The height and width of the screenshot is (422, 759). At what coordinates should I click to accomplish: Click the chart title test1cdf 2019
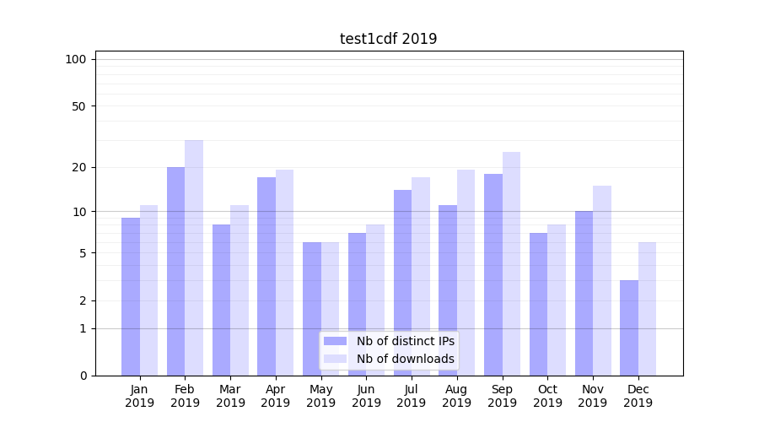coord(388,39)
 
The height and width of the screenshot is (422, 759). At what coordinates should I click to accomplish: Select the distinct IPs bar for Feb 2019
coord(175,270)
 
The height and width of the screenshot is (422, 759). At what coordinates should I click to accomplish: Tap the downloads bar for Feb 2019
coord(194,257)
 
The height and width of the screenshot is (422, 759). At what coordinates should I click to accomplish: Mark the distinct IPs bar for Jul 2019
coord(402,283)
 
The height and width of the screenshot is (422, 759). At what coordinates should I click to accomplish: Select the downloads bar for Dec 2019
coord(648,309)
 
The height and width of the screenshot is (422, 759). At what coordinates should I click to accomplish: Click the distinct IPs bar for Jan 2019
coord(131,296)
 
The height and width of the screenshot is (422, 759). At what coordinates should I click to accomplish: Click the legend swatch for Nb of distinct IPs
coord(335,341)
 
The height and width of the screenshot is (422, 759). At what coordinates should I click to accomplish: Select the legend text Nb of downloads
coord(405,359)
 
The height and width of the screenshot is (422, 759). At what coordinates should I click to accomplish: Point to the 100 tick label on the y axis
coord(76,59)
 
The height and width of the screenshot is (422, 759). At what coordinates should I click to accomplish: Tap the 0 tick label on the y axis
coord(83,376)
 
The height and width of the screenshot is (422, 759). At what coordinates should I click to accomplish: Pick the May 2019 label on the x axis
coord(320,396)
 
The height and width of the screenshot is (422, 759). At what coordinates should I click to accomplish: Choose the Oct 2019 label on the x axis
coord(547,396)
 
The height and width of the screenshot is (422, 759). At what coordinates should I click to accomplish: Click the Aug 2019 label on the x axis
coord(456,396)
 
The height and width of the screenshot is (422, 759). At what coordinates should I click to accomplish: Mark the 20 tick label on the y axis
coord(79,167)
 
